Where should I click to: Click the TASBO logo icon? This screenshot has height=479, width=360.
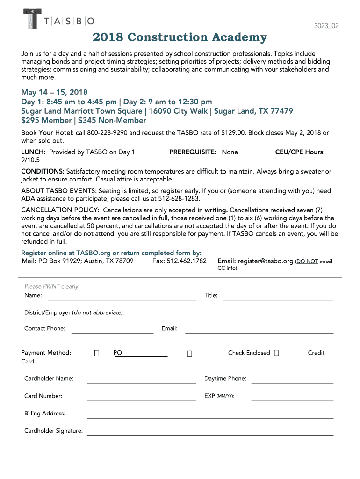32,19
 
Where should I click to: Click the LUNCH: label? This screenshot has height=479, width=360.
33,152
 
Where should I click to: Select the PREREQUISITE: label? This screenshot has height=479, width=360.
193,152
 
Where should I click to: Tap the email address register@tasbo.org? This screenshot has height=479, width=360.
265,261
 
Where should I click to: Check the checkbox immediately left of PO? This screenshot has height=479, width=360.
97,353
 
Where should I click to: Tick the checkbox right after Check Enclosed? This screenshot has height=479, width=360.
277,353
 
